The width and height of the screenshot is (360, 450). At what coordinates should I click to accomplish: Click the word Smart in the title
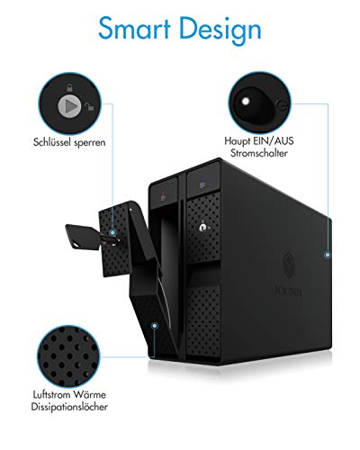tap(134, 28)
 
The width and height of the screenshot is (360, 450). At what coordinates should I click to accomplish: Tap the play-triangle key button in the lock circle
tap(69, 105)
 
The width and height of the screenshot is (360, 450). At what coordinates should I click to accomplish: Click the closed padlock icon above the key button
tap(69, 88)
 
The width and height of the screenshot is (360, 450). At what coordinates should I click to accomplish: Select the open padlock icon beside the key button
tap(89, 105)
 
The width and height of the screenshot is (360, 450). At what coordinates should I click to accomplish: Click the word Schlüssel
tap(52, 142)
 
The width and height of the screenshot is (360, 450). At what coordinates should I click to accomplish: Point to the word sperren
tap(90, 143)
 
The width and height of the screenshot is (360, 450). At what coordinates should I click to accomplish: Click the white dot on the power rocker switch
tap(246, 101)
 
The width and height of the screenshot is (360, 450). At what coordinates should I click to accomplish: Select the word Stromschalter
tap(259, 153)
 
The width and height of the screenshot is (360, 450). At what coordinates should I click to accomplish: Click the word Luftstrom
tap(51, 394)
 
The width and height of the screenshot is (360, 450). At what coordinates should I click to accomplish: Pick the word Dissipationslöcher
tap(69, 407)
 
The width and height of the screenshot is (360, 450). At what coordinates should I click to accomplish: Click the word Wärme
tap(89, 394)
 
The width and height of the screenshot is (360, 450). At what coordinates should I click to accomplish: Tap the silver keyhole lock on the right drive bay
tap(202, 228)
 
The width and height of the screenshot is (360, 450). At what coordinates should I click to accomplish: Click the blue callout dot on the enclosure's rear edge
tap(328, 255)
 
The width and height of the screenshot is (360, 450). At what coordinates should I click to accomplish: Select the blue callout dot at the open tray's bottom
tap(155, 326)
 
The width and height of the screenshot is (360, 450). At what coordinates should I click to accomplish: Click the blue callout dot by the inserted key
tap(112, 232)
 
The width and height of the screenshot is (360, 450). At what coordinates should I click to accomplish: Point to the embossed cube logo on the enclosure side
tap(289, 266)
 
